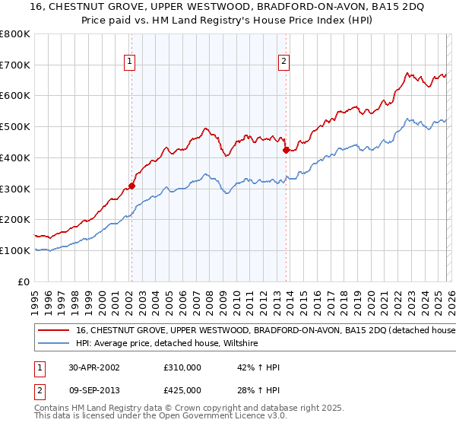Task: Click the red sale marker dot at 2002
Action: click(131, 185)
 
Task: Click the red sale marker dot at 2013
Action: click(286, 150)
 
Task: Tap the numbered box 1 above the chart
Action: click(130, 62)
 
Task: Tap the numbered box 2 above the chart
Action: click(283, 62)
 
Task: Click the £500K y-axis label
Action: click(15, 127)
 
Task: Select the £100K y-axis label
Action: click(15, 250)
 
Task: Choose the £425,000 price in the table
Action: click(182, 390)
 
